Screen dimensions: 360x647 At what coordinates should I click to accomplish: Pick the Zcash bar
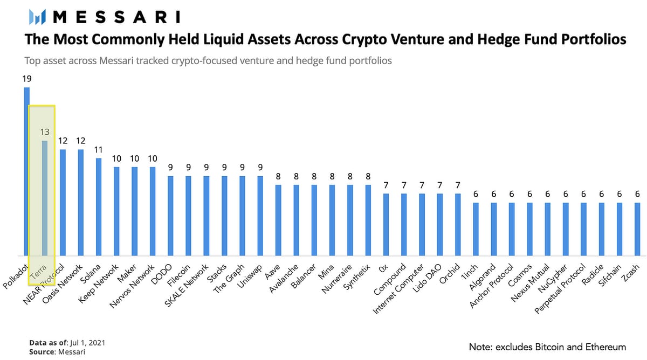[637, 229]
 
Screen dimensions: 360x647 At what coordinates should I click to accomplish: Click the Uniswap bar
[260, 216]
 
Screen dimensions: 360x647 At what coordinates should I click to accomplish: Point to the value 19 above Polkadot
[26, 79]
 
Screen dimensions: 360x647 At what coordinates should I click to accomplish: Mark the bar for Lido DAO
[440, 224]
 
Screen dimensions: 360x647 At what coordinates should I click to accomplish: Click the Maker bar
[134, 211]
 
